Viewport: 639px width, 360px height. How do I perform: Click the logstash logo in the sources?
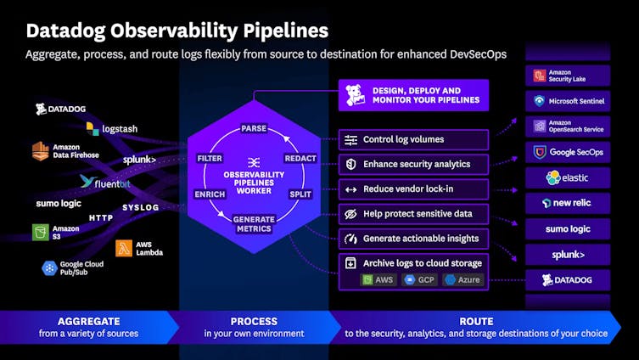click(x=111, y=129)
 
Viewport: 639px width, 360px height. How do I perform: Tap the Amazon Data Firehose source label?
click(x=76, y=151)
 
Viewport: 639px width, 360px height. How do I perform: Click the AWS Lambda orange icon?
click(x=123, y=248)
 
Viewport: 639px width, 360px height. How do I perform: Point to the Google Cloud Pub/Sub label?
click(x=83, y=268)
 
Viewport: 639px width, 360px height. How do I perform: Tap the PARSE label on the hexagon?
click(x=254, y=128)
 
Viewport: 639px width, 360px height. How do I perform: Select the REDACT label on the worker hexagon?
click(x=300, y=159)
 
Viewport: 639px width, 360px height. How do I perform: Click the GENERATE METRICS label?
click(x=254, y=223)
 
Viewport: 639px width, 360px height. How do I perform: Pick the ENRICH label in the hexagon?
click(x=210, y=194)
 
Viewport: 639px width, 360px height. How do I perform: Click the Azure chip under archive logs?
click(x=462, y=279)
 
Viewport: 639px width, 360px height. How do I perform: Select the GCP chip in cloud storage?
click(x=422, y=279)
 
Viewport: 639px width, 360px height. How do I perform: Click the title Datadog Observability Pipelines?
click(x=177, y=31)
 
